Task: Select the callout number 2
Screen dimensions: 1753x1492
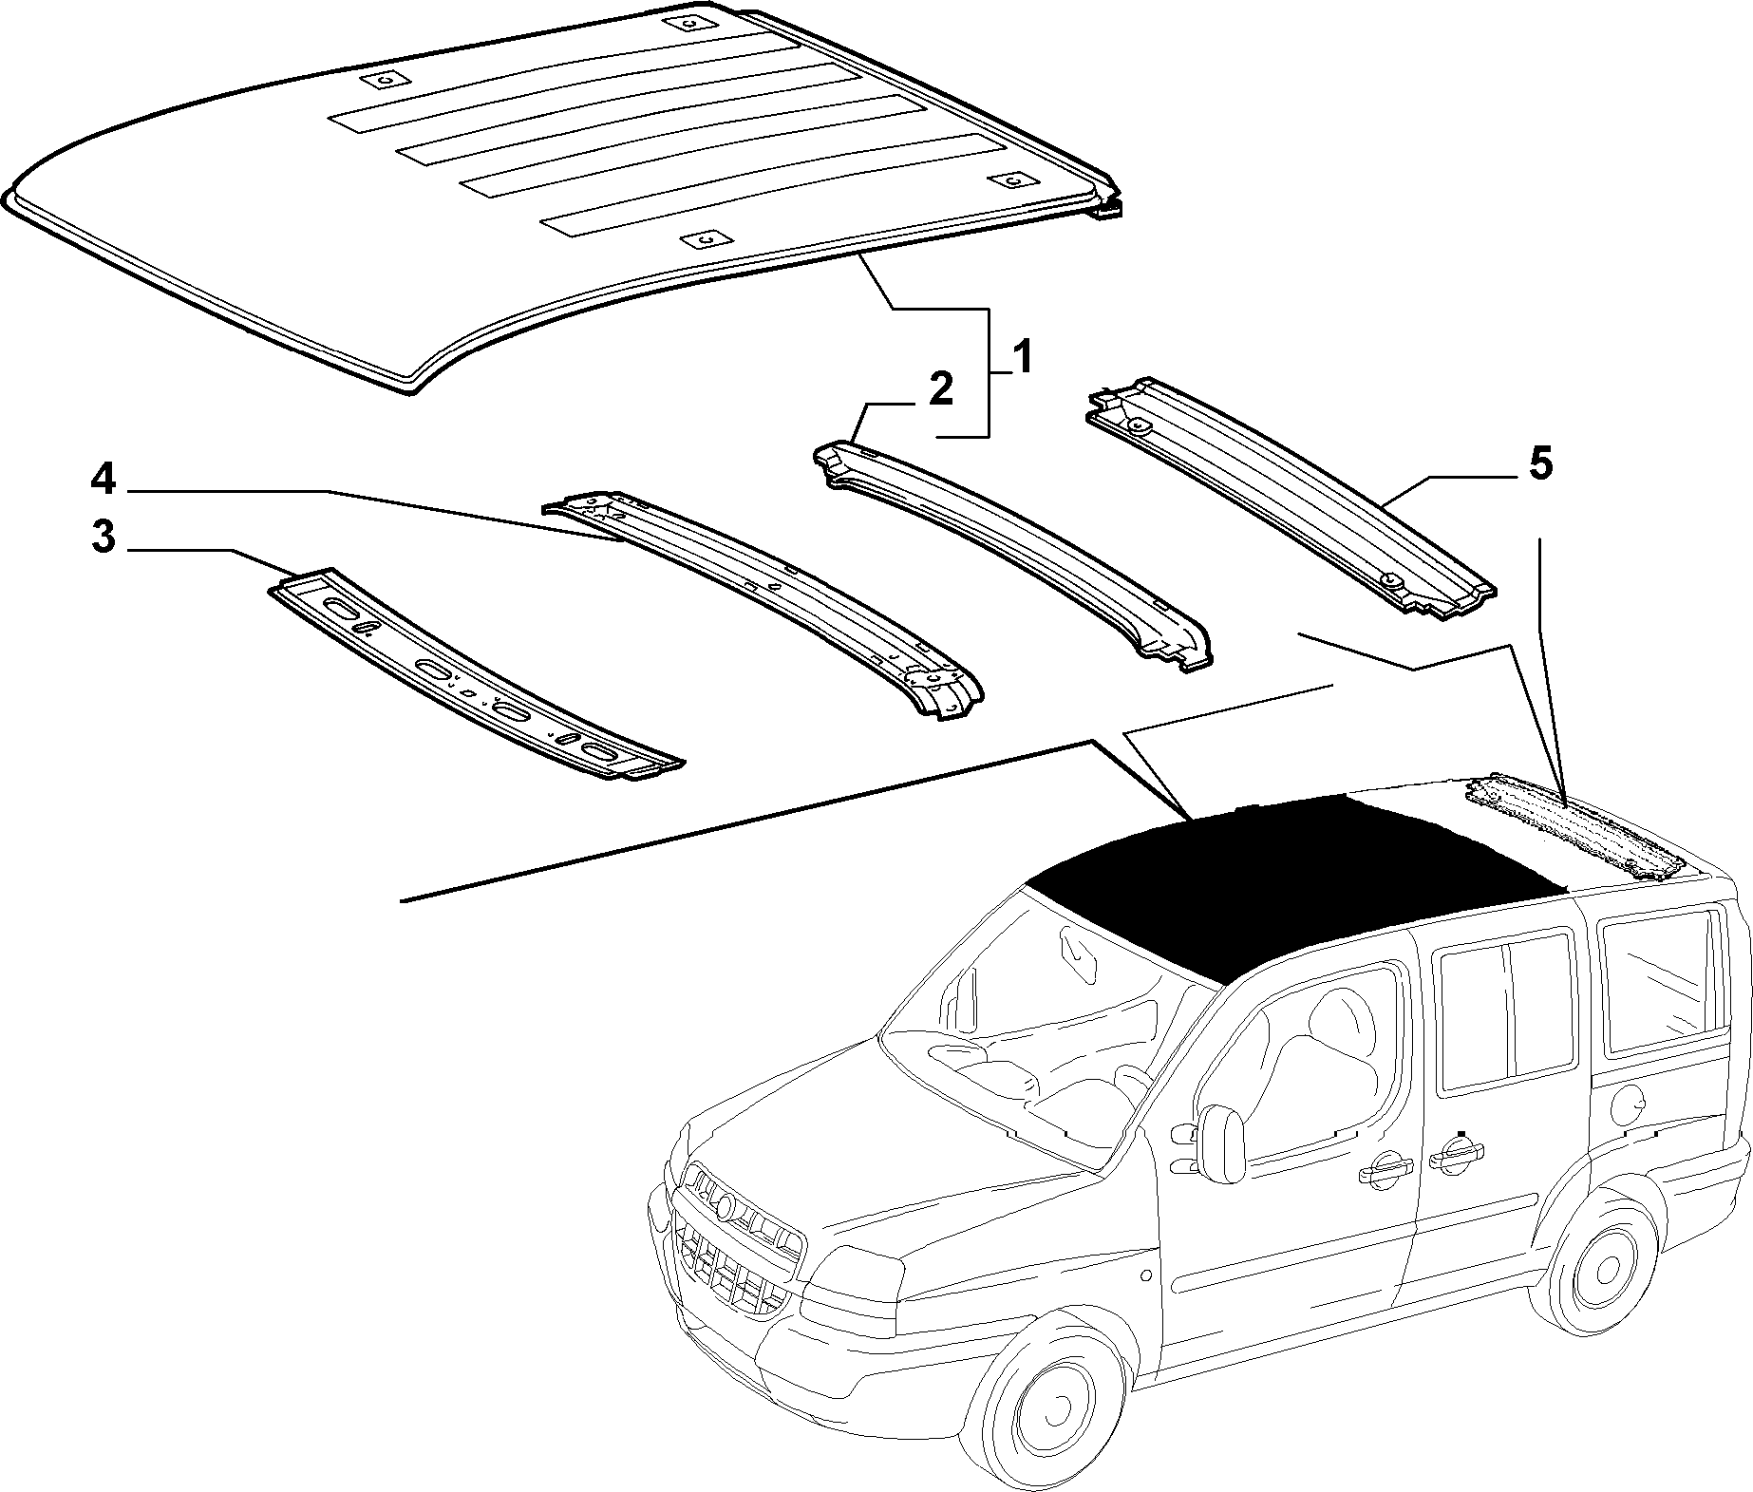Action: [939, 391]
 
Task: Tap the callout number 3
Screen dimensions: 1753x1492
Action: [104, 538]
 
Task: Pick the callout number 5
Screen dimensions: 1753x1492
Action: [1539, 465]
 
